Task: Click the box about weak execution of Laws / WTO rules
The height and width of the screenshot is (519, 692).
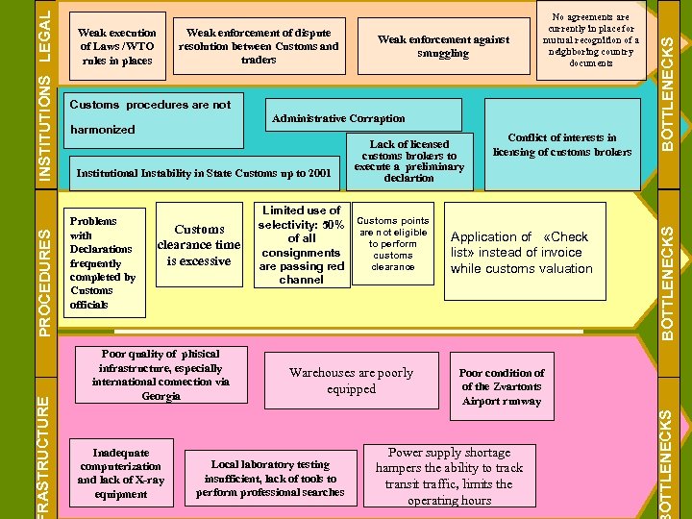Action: tap(116, 46)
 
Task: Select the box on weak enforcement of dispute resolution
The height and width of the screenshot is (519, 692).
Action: tap(259, 46)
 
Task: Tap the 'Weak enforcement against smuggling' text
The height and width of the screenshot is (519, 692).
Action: tap(443, 46)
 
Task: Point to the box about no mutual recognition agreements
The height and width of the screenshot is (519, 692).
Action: tap(590, 40)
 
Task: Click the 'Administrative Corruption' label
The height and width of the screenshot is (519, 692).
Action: tap(339, 118)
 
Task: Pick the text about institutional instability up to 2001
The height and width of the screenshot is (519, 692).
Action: tap(203, 173)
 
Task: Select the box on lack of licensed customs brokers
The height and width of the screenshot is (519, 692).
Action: tap(408, 161)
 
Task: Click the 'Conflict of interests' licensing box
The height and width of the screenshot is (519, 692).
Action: tap(562, 144)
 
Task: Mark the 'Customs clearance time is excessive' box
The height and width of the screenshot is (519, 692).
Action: tap(199, 245)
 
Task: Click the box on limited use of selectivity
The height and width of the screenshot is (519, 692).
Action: tap(301, 245)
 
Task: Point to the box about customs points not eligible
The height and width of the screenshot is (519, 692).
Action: tap(393, 244)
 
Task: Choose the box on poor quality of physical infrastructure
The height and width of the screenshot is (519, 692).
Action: tap(161, 375)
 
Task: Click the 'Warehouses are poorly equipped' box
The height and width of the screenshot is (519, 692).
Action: tap(351, 381)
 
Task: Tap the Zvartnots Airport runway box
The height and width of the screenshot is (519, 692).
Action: tap(501, 386)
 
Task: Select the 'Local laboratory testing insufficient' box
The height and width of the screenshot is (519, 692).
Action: tap(270, 478)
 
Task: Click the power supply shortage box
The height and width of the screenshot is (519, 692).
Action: tap(449, 476)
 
